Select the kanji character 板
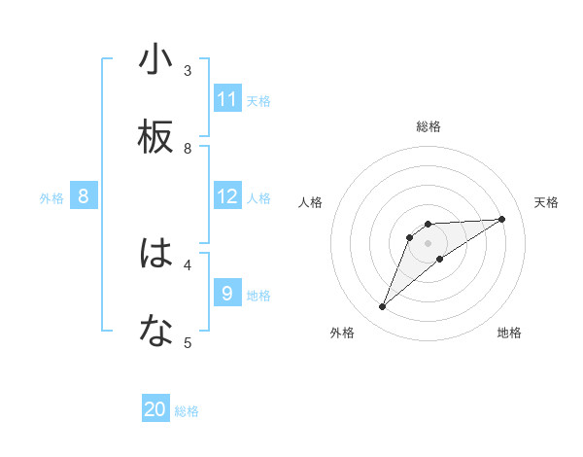(155, 138)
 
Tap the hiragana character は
(155, 254)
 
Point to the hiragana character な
(155, 333)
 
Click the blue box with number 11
(227, 99)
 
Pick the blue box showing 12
(227, 196)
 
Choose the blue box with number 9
(227, 293)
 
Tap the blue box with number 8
(84, 196)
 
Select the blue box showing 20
(155, 409)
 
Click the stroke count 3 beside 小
(188, 70)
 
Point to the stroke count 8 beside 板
(188, 148)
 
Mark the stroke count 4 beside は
(188, 264)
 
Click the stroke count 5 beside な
(188, 342)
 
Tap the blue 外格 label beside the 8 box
(51, 198)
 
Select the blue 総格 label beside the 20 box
(187, 411)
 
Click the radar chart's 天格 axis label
(546, 202)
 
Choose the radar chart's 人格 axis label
(311, 202)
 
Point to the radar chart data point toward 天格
(501, 219)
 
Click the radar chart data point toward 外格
(382, 307)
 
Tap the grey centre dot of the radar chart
(428, 243)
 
